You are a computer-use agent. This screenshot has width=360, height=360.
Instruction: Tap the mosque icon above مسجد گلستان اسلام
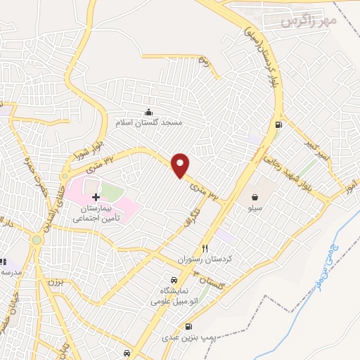point(148,112)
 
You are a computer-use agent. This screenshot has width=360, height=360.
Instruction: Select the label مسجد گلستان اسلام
point(148,123)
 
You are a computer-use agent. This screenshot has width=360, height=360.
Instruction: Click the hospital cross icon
point(96,198)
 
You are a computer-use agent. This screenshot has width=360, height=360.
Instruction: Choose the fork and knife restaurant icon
point(205,247)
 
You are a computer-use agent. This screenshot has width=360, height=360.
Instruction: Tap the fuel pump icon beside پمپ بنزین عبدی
point(188,327)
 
